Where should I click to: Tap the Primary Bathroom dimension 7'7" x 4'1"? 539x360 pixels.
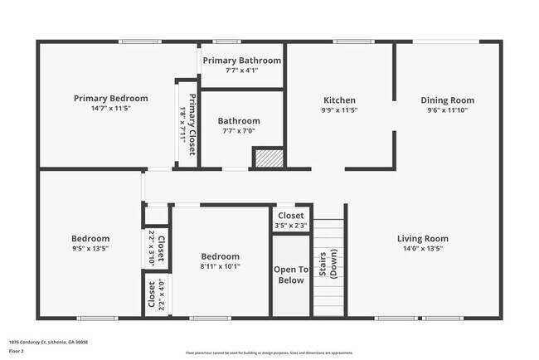click(x=241, y=71)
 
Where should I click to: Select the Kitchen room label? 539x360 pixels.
click(x=339, y=100)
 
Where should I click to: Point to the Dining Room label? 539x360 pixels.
click(x=447, y=100)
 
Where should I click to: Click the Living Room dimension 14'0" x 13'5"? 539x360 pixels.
click(x=422, y=248)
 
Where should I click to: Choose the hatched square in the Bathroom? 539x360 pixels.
click(x=268, y=158)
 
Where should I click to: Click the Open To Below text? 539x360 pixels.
click(x=291, y=275)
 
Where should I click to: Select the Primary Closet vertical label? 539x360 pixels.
click(x=192, y=125)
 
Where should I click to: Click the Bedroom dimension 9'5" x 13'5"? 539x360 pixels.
click(x=90, y=248)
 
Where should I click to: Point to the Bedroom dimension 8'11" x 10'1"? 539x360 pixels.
click(x=220, y=266)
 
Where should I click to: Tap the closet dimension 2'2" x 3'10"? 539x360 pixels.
click(x=152, y=248)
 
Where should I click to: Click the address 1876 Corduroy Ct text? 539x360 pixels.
click(x=48, y=342)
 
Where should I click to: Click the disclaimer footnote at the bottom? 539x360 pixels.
click(x=269, y=353)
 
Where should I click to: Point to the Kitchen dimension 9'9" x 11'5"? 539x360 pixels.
click(x=339, y=109)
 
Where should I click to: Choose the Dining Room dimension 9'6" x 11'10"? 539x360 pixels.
click(x=447, y=109)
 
